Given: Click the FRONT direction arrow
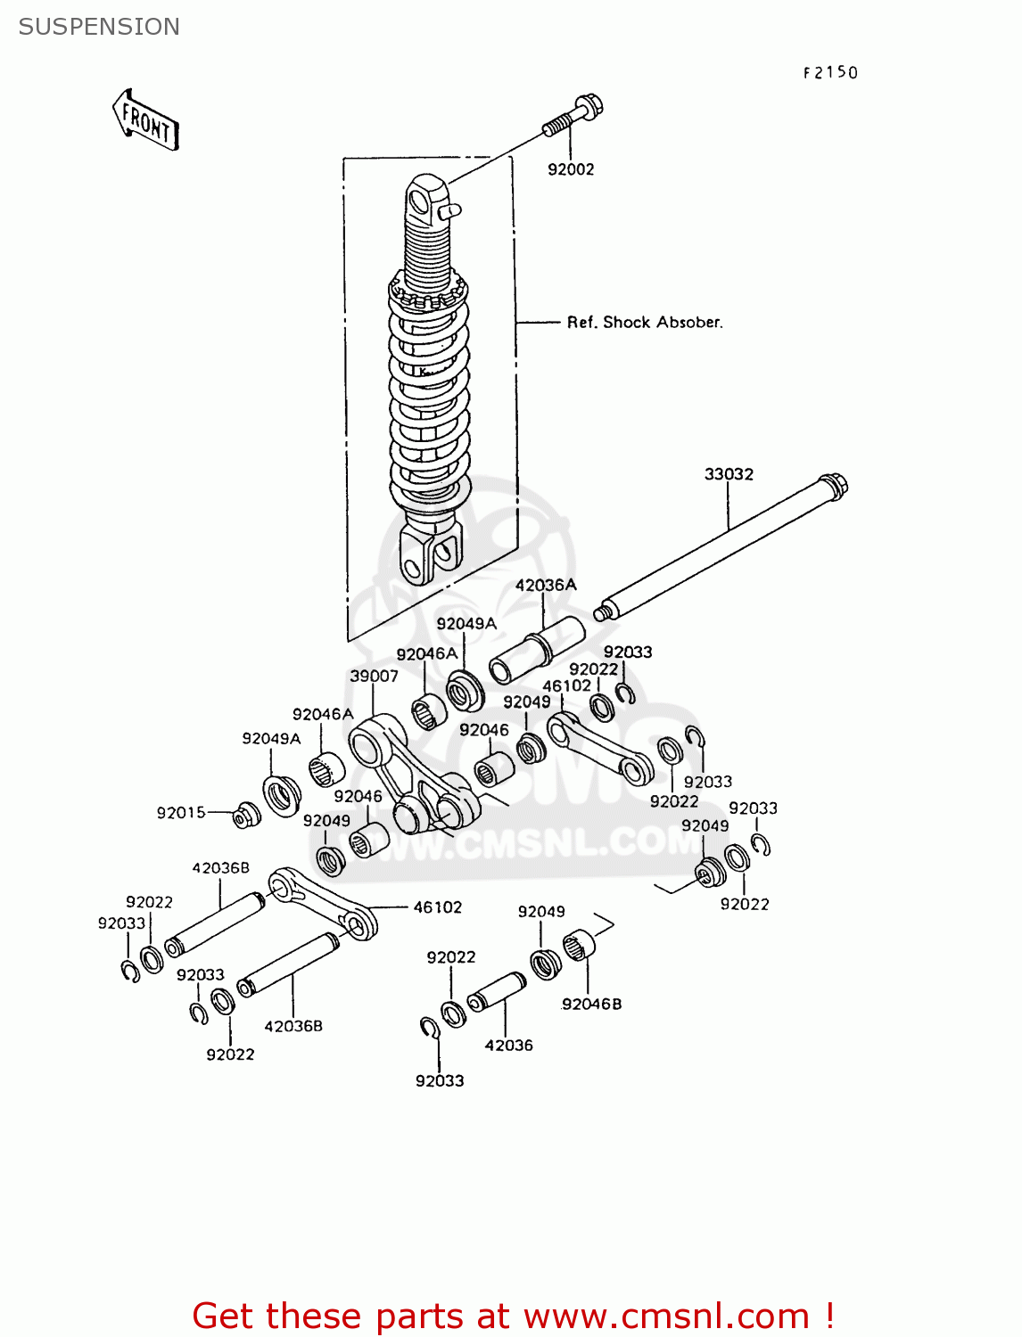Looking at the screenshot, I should [146, 120].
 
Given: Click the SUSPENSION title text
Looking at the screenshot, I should [99, 27].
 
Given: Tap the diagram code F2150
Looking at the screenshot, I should [829, 73].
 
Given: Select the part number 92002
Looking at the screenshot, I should [571, 169].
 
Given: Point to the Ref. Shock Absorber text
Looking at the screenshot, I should [645, 323].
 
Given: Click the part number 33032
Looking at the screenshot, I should [729, 474].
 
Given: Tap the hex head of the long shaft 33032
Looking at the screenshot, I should [835, 486].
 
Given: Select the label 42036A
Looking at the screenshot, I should [546, 585].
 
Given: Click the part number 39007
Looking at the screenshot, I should [374, 676].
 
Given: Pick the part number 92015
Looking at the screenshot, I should [181, 813].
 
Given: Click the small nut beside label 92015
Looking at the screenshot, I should [246, 815].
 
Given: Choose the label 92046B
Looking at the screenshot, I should [591, 1004].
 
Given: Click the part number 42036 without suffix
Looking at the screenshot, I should [508, 1045].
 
